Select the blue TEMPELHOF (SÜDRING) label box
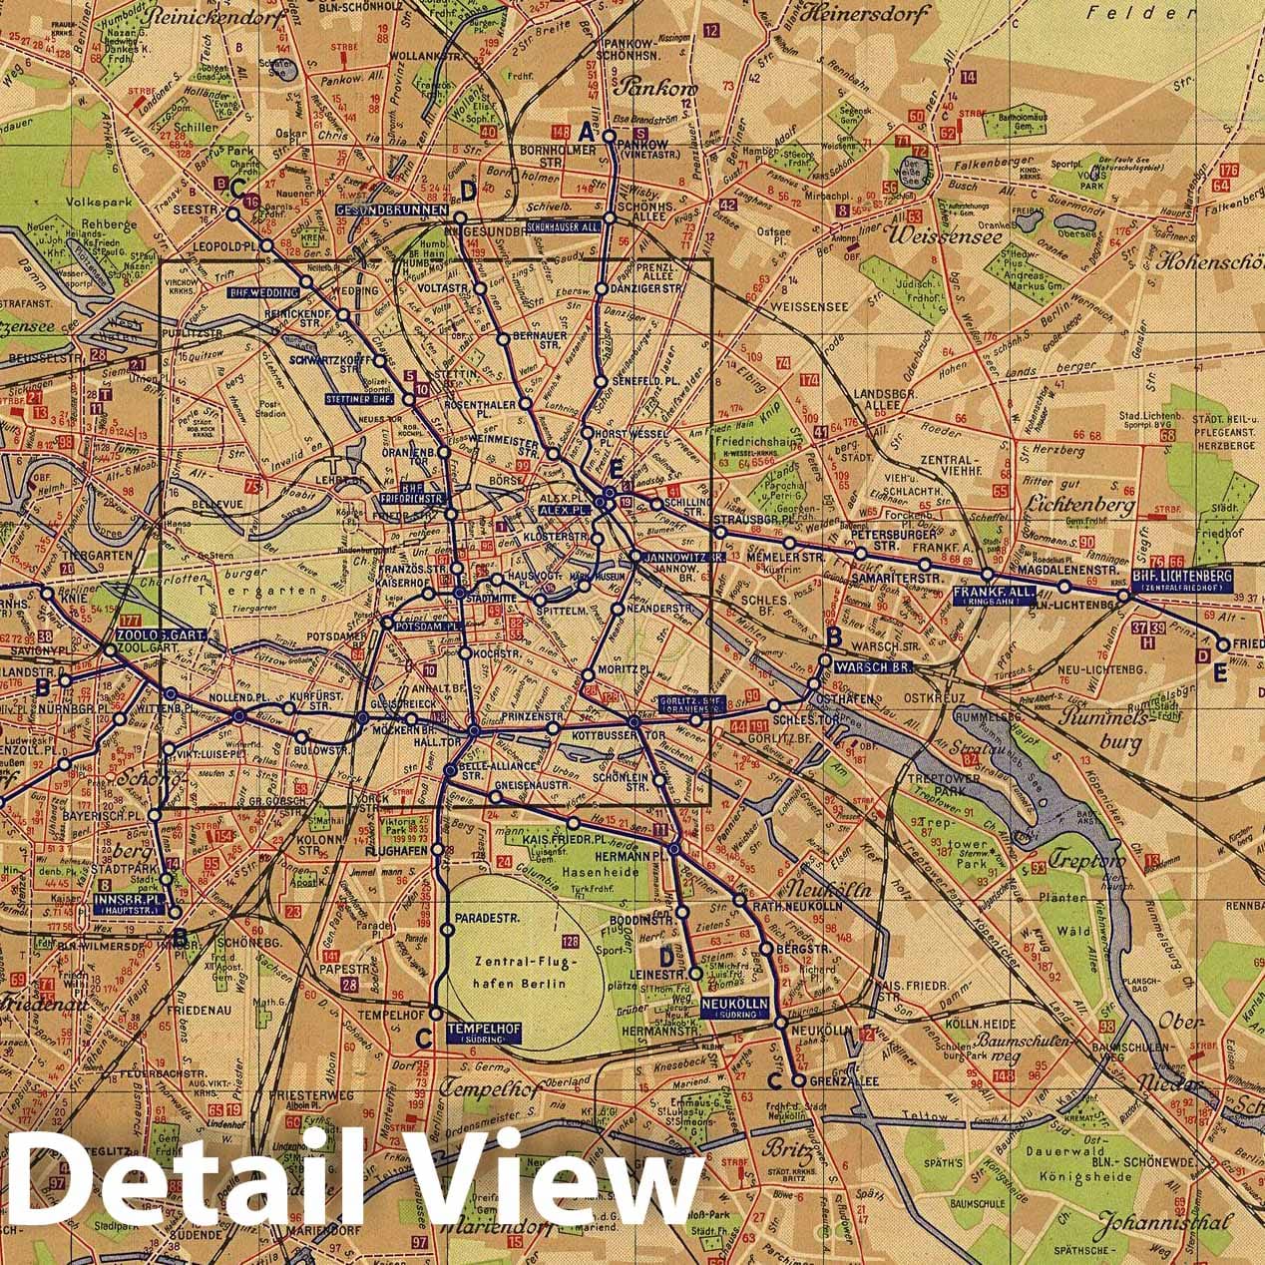[x=479, y=1032]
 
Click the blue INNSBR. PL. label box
[x=129, y=903]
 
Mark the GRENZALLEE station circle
[x=798, y=1079]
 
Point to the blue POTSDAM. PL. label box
[x=425, y=626]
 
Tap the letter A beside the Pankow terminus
[x=588, y=129]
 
